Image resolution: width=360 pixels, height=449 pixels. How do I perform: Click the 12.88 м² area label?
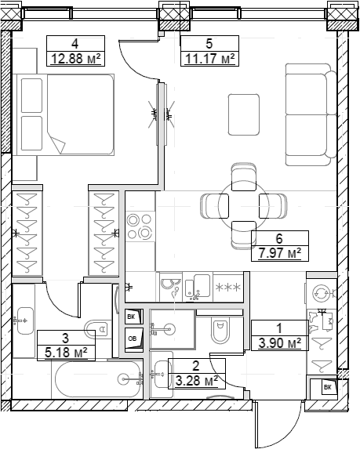pyautogui.click(x=77, y=59)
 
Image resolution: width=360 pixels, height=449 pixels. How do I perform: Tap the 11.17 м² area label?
pyautogui.click(x=209, y=59)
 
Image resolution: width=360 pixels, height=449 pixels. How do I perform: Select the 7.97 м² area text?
pyautogui.click(x=280, y=253)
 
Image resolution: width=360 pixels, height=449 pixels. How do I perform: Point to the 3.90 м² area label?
pyautogui.click(x=278, y=342)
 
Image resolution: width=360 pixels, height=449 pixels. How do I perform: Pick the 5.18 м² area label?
pyautogui.click(x=66, y=352)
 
